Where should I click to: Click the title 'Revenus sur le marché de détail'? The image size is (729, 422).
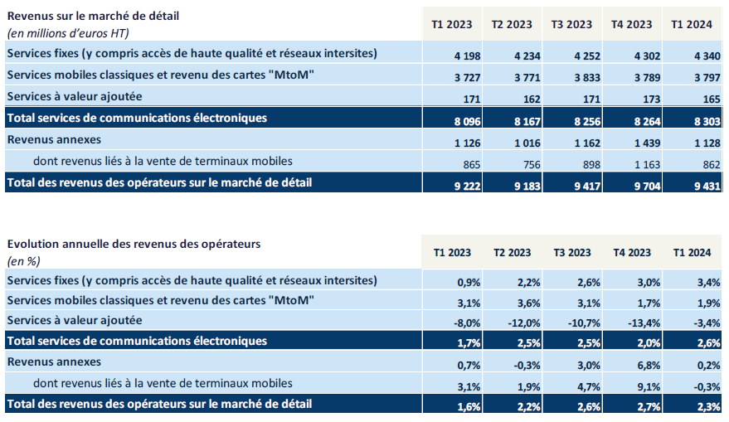[x=93, y=16]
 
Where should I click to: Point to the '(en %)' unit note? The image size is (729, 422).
[x=24, y=260]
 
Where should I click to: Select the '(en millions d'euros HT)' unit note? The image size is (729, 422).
[x=68, y=32]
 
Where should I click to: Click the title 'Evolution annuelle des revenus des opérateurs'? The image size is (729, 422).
[x=134, y=244]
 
